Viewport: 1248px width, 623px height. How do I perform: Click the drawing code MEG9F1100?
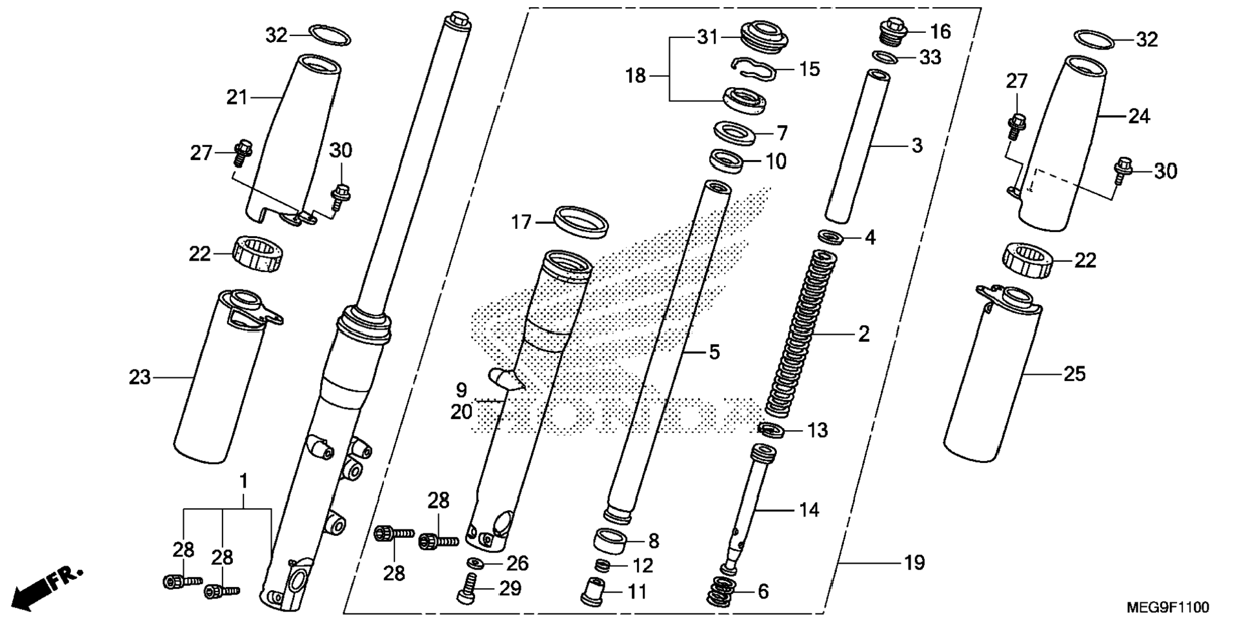coord(1168,608)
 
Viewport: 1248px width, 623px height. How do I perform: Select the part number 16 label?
coord(940,31)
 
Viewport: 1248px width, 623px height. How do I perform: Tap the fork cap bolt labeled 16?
coord(894,32)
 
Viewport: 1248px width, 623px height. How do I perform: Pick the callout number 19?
coord(914,563)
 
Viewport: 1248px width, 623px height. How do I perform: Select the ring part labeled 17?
coord(582,222)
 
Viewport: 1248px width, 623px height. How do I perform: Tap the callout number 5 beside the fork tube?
coord(714,352)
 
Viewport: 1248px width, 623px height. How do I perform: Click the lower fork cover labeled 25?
coord(991,374)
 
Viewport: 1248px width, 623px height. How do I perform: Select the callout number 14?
coord(809,510)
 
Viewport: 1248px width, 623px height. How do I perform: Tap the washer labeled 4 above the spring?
coord(831,237)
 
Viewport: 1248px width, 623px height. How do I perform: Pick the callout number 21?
coord(237,97)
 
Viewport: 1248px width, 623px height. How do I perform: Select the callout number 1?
coord(244,481)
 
